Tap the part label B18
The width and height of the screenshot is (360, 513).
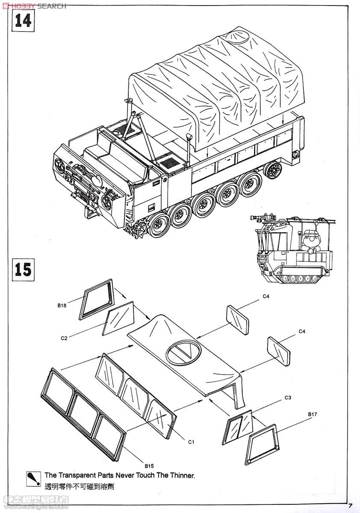click(x=62, y=305)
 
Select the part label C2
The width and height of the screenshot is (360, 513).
click(x=64, y=338)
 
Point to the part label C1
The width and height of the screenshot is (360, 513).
click(x=192, y=442)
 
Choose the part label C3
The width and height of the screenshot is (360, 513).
click(x=288, y=398)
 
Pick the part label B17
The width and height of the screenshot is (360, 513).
click(x=312, y=414)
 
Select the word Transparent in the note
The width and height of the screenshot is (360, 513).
click(x=78, y=475)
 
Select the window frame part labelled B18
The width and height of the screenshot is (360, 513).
click(x=97, y=299)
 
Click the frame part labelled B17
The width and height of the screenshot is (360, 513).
click(x=262, y=445)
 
